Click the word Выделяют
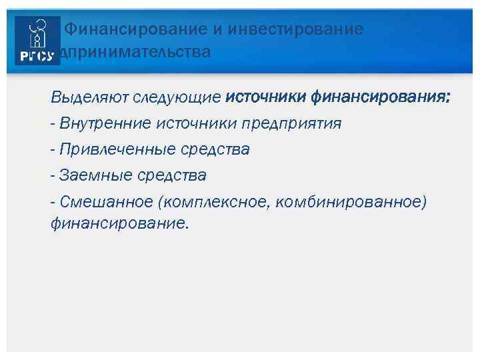pyautogui.click(x=90, y=98)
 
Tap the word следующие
pyautogui.click(x=177, y=98)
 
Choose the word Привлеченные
pyautogui.click(x=116, y=149)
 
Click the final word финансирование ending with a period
pyautogui.click(x=119, y=224)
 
